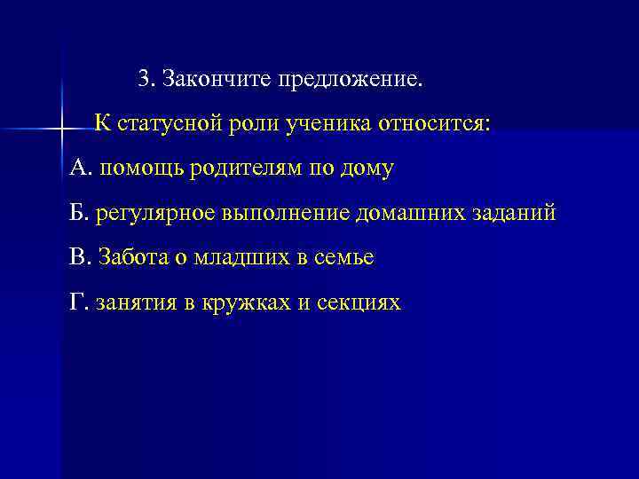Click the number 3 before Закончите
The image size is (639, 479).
(145, 80)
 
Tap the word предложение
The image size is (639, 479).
(352, 81)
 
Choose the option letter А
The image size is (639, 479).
(77, 167)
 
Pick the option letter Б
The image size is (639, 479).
(76, 212)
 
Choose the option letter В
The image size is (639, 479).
(76, 257)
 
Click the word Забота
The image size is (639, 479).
(130, 257)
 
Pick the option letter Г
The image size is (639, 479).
(75, 302)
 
